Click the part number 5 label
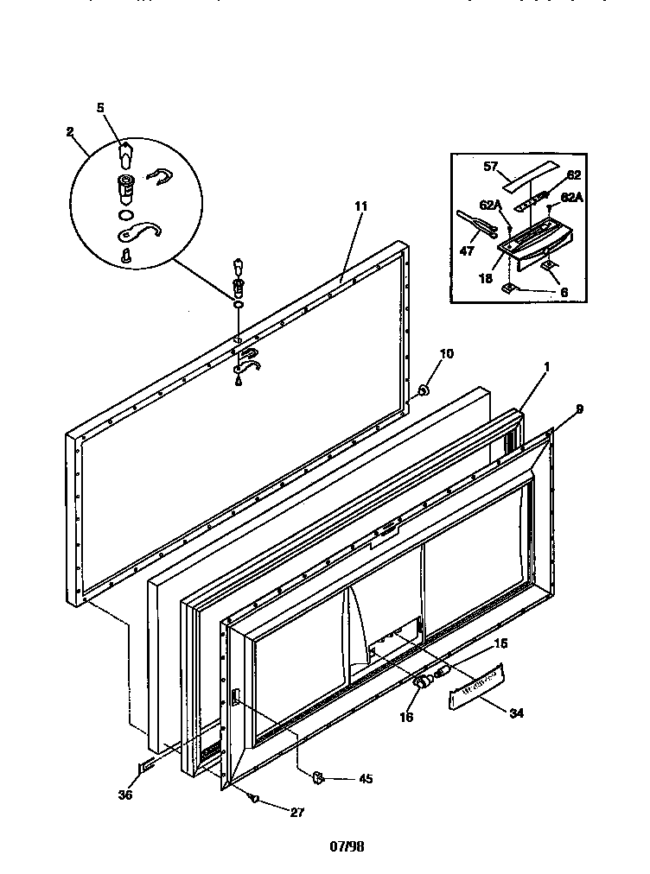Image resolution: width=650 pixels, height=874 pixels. (100, 108)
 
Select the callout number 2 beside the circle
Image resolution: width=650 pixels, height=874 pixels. (70, 133)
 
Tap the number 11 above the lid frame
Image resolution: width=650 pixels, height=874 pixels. (360, 206)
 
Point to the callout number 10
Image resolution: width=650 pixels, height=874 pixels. (447, 353)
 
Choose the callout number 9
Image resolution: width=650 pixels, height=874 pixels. (579, 409)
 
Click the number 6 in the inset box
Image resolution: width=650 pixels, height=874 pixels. (563, 294)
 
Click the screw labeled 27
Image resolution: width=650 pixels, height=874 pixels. (255, 798)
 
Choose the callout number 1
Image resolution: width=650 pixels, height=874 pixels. (547, 365)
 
